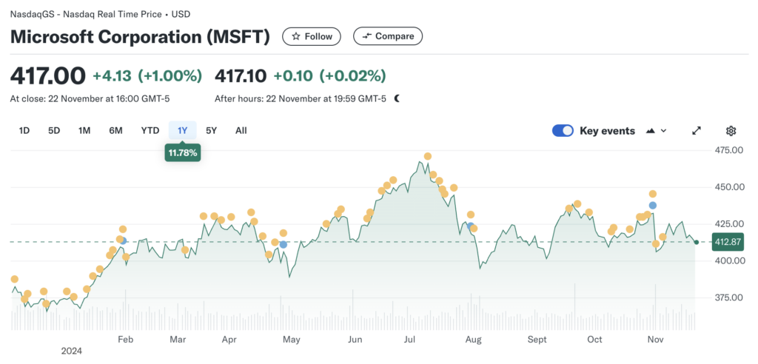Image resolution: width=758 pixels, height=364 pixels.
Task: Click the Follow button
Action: point(312,36)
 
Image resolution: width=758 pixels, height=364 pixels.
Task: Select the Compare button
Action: point(388,36)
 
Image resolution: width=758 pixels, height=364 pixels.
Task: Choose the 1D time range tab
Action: point(24,131)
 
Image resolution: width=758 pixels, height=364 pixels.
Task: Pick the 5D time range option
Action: point(54,131)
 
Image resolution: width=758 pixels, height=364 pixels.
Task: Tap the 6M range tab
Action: point(115,131)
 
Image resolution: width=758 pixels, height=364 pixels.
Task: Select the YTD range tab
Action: point(150,131)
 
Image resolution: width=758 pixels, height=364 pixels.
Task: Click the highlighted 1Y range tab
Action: point(182,131)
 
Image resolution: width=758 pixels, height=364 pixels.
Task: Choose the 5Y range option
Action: point(212,131)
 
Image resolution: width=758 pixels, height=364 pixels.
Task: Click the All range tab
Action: point(241,131)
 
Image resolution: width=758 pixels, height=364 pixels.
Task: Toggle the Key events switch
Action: point(563,131)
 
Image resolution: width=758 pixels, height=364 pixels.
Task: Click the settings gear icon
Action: point(731,131)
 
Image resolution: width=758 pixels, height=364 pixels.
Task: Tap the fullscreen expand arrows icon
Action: point(697,131)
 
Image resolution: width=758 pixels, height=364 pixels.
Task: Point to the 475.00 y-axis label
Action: point(728,150)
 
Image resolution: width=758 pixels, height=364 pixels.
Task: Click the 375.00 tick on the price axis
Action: point(728,297)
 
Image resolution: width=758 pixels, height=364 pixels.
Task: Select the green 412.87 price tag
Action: point(728,242)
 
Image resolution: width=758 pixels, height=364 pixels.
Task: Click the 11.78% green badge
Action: point(183,153)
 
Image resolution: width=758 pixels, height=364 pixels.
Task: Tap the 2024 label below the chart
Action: point(72,351)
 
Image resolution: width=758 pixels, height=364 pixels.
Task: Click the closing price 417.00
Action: point(47,75)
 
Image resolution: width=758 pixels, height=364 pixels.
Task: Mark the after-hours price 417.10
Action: point(240,75)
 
